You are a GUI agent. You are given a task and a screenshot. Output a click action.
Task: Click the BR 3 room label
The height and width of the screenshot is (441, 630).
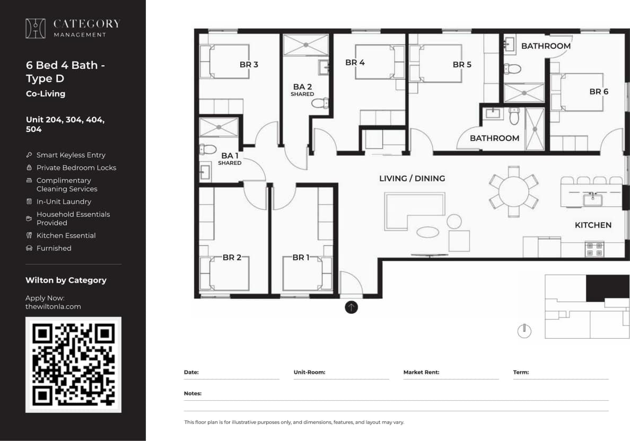click(249, 65)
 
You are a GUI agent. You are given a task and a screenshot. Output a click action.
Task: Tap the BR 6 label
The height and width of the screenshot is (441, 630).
click(599, 92)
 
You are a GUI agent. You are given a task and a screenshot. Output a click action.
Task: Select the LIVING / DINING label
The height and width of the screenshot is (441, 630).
click(412, 179)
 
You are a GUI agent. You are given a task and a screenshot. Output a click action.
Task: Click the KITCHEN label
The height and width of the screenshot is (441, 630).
click(593, 225)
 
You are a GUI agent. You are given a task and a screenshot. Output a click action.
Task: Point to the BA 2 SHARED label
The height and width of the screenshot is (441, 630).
click(302, 90)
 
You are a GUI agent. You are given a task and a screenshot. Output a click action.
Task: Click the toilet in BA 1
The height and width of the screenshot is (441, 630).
click(208, 149)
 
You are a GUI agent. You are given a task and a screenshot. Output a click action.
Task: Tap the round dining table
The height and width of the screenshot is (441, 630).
click(513, 191)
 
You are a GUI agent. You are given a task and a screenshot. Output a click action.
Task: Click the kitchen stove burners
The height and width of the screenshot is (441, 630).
click(594, 249)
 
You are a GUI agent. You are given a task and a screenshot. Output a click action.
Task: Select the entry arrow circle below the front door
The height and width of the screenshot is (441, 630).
click(351, 307)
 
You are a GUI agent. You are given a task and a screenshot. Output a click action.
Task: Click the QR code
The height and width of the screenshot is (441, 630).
click(74, 365)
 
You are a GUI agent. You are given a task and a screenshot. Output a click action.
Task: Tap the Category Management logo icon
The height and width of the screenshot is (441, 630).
click(36, 28)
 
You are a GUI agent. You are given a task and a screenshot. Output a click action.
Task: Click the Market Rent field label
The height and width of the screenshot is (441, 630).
click(421, 373)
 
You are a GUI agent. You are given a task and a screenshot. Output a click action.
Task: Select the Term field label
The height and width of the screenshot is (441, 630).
click(521, 373)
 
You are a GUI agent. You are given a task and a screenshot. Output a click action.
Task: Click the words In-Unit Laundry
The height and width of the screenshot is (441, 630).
click(64, 202)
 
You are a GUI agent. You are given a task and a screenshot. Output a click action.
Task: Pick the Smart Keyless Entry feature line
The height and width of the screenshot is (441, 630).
click(71, 155)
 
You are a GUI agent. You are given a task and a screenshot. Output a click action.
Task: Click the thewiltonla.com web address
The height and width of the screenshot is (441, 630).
click(53, 306)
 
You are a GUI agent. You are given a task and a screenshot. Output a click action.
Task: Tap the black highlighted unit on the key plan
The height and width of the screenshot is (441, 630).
click(607, 288)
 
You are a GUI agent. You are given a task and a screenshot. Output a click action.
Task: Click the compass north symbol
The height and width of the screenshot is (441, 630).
click(524, 331)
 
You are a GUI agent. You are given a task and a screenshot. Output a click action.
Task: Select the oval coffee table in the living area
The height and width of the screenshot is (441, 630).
click(427, 232)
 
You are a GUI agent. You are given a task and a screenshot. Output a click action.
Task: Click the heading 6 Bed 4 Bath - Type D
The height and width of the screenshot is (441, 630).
click(65, 72)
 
